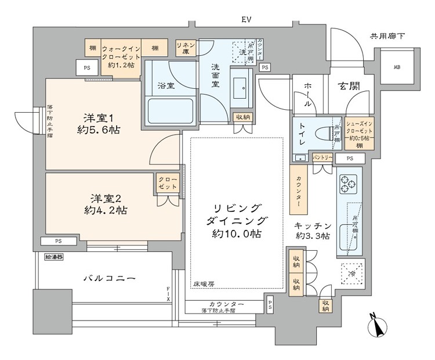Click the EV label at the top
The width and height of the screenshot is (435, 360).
[x=246, y=20]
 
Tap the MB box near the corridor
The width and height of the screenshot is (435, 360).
[x=397, y=67]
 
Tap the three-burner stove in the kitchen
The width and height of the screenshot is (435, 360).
[x=349, y=184]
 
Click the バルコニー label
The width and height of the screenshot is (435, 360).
[x=110, y=279]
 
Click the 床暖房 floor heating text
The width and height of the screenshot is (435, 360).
[x=204, y=284]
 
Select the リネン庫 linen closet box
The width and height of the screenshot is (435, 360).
[x=186, y=48]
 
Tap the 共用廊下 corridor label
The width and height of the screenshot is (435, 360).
[x=387, y=36]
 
